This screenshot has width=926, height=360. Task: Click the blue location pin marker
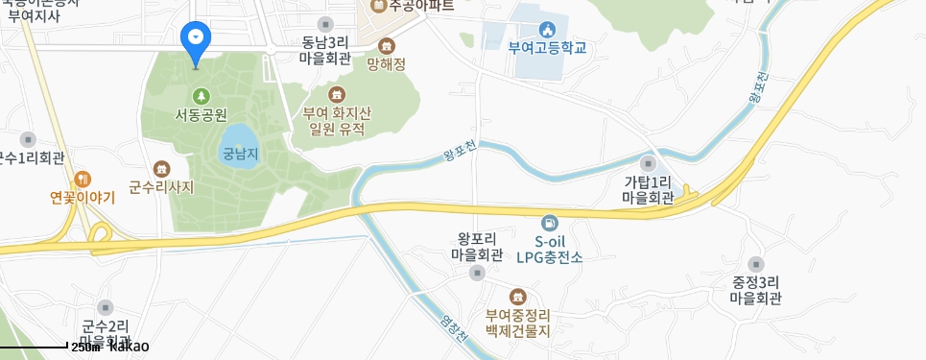coord(196,39)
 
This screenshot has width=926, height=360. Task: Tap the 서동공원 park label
coord(201,114)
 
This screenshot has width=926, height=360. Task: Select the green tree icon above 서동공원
coord(201,95)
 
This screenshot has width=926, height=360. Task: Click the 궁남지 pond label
coord(241,153)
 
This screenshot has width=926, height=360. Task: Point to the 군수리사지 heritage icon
coord(161,168)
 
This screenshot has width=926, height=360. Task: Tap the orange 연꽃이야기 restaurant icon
coord(83,179)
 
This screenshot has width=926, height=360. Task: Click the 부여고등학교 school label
coord(547,48)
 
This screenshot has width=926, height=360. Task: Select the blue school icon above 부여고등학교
coord(547,29)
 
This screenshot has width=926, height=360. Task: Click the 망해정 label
coord(387,65)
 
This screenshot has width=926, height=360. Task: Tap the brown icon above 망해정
coord(387,46)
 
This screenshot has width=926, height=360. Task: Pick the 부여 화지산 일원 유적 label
coord(337,120)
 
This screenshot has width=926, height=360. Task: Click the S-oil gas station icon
coord(549,223)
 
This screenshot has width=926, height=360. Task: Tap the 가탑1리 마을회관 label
coord(648,190)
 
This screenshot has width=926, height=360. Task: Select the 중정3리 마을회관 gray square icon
coord(756,264)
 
